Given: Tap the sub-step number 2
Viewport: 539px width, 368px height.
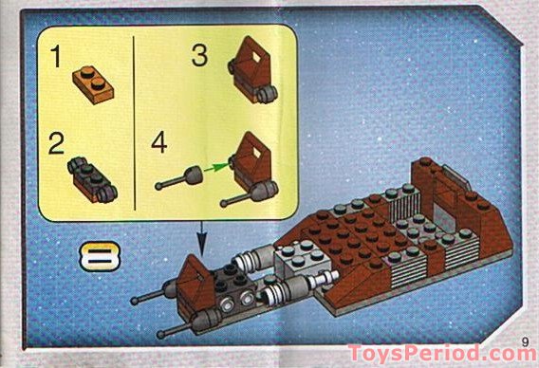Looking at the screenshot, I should coord(57,144).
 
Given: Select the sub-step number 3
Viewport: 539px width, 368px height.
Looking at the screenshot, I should coord(199,56).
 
